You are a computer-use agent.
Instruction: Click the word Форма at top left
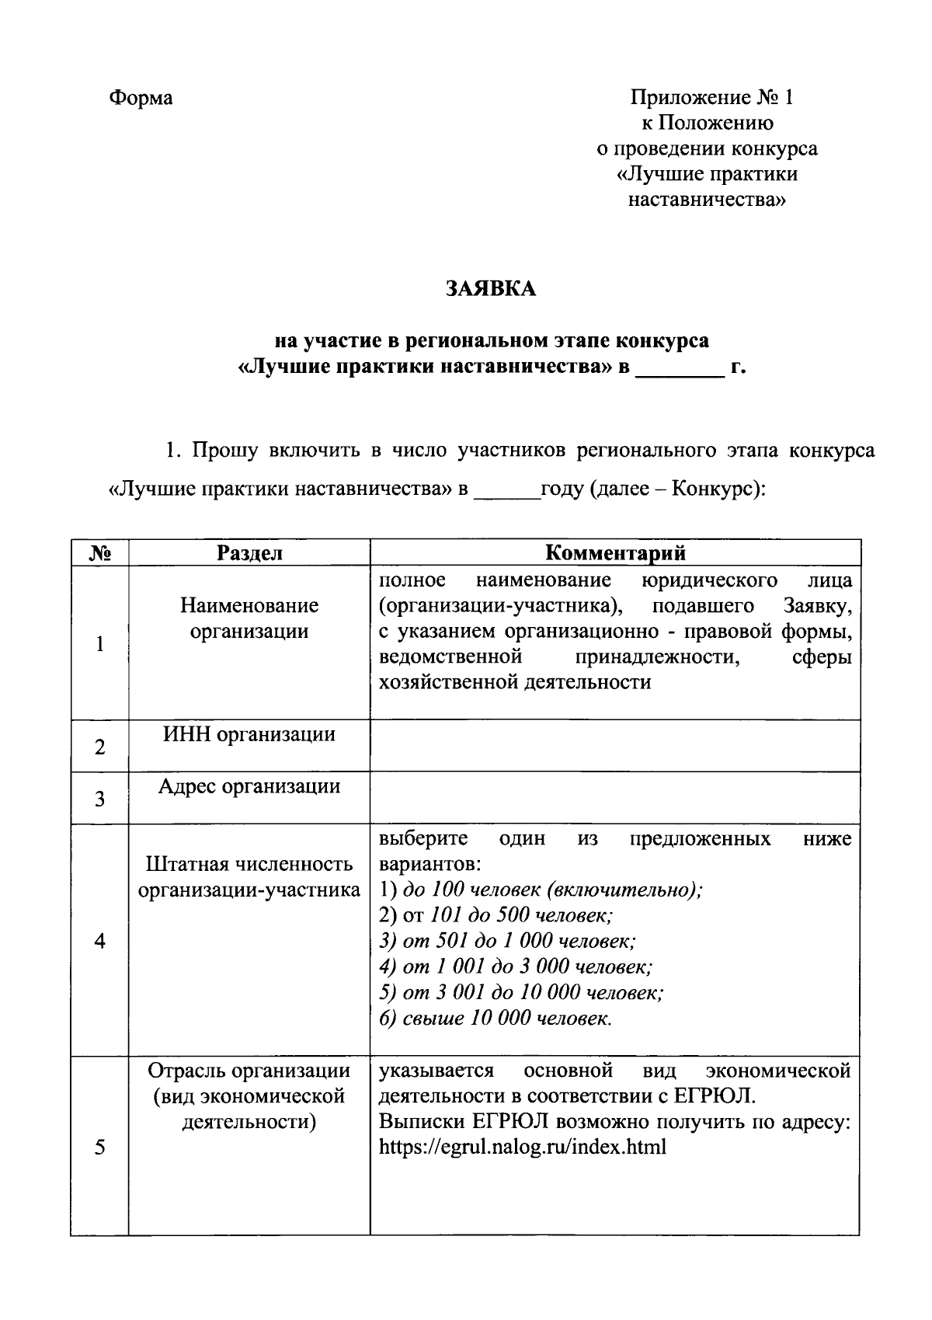point(141,98)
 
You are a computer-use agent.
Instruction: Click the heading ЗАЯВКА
point(490,289)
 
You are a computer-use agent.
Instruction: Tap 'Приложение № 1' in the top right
point(711,98)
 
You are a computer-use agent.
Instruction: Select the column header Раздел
point(249,552)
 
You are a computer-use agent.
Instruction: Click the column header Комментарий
point(615,552)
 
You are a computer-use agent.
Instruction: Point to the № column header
point(99,552)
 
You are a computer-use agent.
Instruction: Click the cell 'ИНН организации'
point(249,734)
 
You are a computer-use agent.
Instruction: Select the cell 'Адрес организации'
point(249,786)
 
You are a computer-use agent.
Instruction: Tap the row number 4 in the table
point(99,941)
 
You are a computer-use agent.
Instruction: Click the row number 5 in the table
point(99,1148)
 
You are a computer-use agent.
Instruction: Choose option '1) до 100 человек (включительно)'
point(541,890)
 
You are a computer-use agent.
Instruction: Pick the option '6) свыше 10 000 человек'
point(496,1019)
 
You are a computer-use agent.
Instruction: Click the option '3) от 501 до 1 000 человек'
point(507,941)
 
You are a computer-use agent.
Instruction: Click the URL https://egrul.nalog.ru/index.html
point(522,1148)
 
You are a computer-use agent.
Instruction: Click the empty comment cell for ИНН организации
point(615,746)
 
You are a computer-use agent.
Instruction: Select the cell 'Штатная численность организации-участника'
point(249,877)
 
